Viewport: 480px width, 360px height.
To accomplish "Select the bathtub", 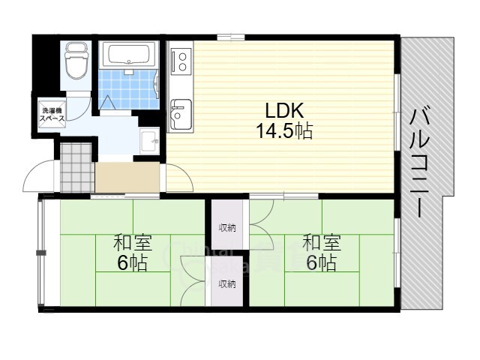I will pos(128,55).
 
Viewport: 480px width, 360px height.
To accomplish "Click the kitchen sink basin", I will pos(181,114).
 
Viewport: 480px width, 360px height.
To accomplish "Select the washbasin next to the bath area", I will pos(148,140).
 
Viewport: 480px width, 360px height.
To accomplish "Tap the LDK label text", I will pos(281,111).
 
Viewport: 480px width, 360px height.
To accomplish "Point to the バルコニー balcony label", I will pos(421,162).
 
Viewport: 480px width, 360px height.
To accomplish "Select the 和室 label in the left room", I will pos(133,244).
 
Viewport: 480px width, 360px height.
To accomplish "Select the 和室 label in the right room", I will pos(322,244).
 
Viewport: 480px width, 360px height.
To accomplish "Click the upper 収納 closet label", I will pos(227,227).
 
